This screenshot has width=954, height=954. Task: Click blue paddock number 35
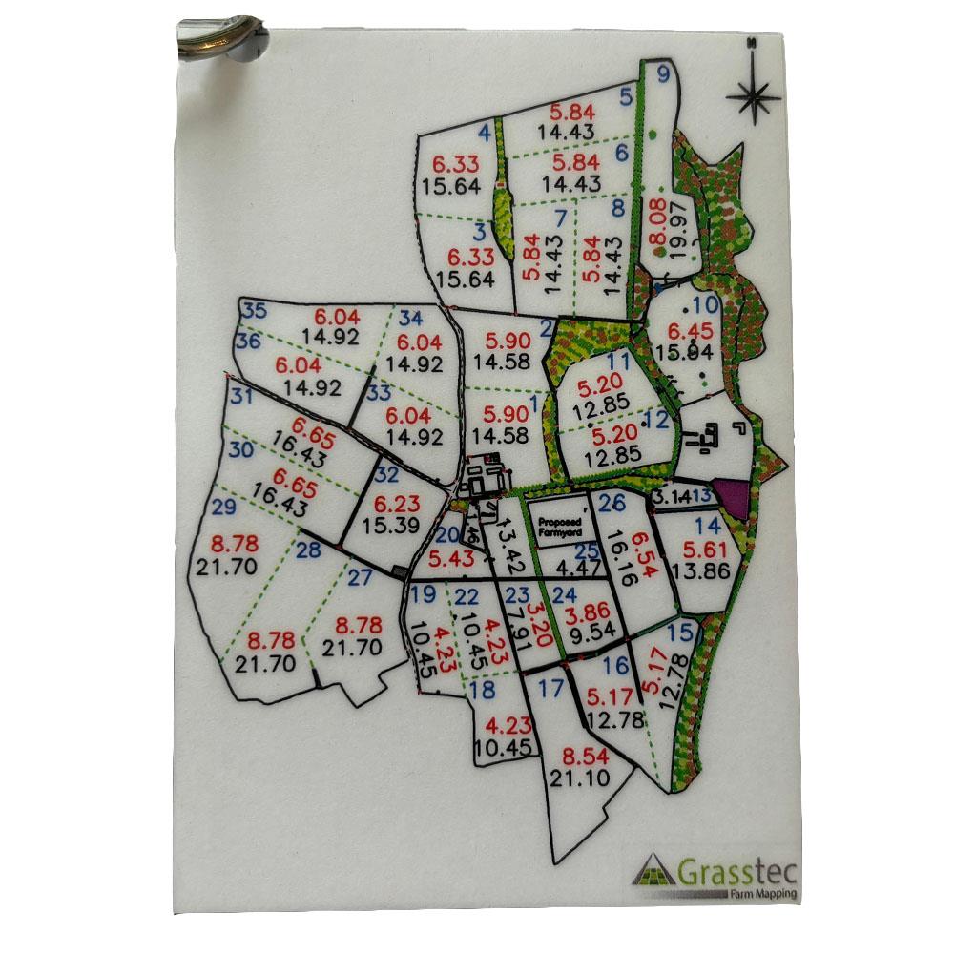click(255, 310)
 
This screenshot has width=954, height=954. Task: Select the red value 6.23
click(397, 503)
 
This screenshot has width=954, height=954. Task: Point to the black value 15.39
click(397, 524)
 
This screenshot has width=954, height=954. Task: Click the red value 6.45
click(689, 332)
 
